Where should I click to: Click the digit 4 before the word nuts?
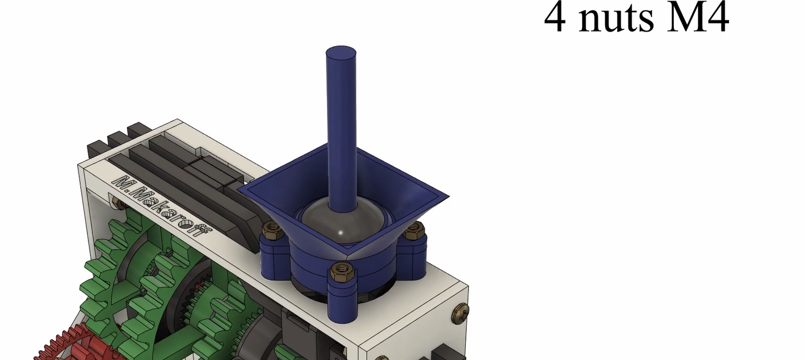(x=555, y=18)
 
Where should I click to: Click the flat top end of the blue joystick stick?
(x=341, y=52)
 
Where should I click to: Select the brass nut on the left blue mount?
(x=273, y=231)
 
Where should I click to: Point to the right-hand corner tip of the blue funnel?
(x=447, y=197)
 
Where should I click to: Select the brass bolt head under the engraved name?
(x=116, y=202)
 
